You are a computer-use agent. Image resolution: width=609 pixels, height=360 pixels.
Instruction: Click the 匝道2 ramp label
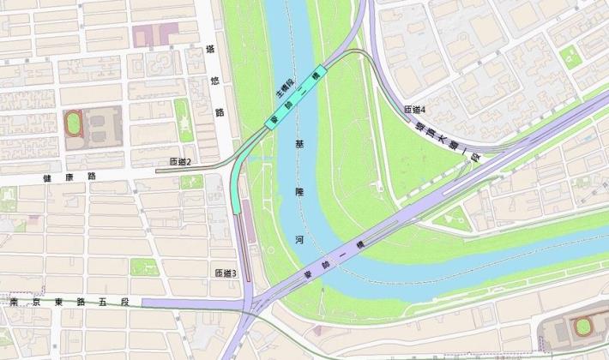180,162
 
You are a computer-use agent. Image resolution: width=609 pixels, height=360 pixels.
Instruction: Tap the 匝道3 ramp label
225,273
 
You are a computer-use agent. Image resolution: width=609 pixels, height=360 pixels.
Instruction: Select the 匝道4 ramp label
415,110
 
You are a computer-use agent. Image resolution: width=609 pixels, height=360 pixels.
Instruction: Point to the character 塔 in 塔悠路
212,51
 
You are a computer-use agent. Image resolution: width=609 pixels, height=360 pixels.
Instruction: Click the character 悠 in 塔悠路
215,81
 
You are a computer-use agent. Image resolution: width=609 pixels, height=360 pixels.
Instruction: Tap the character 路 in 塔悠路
219,111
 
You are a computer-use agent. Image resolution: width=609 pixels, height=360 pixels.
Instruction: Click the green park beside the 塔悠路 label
184,118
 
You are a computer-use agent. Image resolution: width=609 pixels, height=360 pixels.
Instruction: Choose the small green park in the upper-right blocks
570,56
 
